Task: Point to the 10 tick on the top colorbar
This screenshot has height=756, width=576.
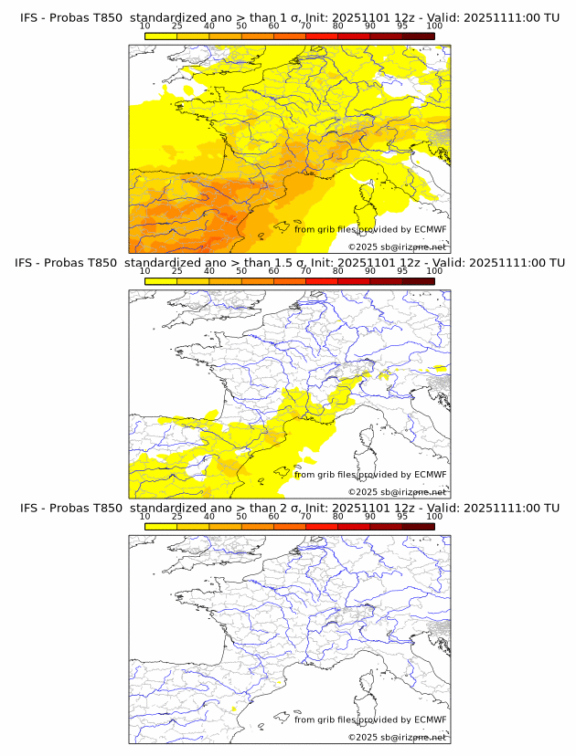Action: pyautogui.click(x=144, y=26)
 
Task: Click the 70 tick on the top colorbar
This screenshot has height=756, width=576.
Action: pyautogui.click(x=305, y=26)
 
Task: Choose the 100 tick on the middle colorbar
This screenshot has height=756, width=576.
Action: pyautogui.click(x=434, y=271)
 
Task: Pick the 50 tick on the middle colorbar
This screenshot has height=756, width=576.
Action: pyautogui.click(x=241, y=271)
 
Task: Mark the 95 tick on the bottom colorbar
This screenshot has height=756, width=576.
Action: pyautogui.click(x=402, y=516)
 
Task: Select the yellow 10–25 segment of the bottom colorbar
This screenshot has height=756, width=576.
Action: pyautogui.click(x=161, y=526)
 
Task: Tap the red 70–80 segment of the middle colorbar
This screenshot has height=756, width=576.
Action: pyautogui.click(x=322, y=281)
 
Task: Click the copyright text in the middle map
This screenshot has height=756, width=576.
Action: pyautogui.click(x=398, y=492)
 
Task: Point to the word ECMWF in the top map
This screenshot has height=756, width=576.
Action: pyautogui.click(x=431, y=230)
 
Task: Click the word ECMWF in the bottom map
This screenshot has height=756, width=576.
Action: pyautogui.click(x=431, y=719)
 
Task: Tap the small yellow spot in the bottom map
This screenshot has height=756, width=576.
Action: pyautogui.click(x=235, y=709)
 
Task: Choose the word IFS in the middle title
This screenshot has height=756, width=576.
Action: pyautogui.click(x=28, y=263)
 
